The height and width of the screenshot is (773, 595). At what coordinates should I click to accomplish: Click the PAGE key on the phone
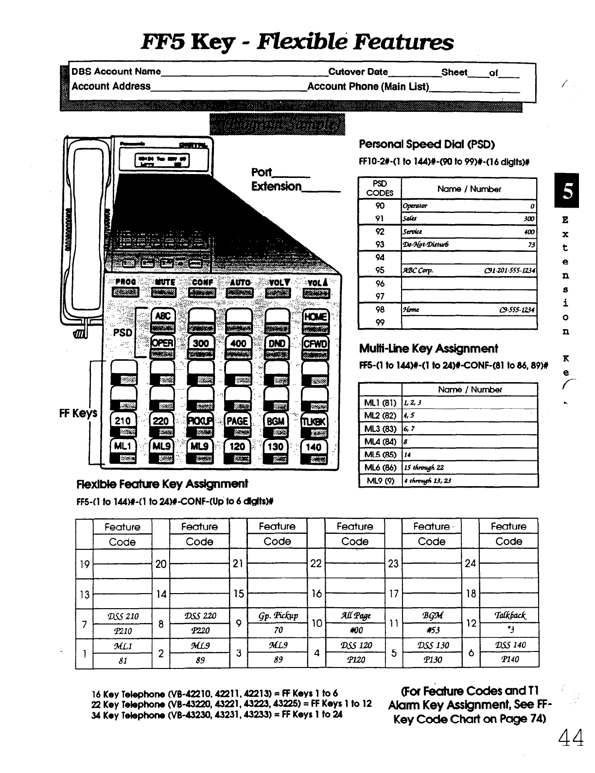237,422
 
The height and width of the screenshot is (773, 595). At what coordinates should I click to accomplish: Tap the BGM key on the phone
276,422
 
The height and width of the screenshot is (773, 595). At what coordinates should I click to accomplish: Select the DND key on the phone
277,343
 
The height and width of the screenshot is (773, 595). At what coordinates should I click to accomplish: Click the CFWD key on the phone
315,343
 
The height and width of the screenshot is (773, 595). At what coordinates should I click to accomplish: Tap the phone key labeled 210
122,422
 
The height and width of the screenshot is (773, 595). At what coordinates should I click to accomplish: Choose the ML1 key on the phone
122,446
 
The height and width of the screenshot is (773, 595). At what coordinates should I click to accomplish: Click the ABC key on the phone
162,316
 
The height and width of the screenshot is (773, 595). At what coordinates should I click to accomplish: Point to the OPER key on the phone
162,343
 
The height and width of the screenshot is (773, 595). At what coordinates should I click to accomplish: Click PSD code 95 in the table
380,270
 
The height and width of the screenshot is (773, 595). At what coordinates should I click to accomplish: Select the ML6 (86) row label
380,467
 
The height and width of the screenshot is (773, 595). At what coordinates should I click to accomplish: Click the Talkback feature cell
509,615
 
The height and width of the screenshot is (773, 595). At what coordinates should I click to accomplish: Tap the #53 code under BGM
432,631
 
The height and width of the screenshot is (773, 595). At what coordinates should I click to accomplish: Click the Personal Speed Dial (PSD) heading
426,144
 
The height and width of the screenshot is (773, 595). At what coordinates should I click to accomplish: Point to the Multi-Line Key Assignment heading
428,349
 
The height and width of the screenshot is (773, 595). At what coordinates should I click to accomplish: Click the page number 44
571,738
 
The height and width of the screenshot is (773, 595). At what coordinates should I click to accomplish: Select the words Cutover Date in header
358,72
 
